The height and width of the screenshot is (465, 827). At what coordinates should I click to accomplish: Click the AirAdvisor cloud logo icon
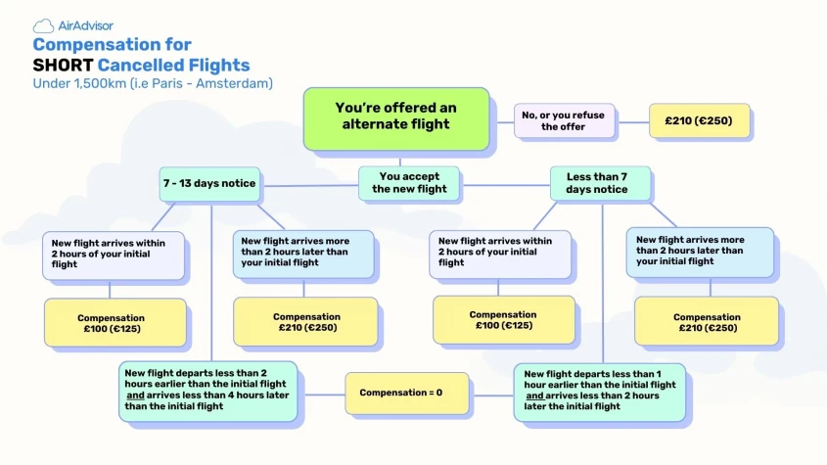[x=44, y=25]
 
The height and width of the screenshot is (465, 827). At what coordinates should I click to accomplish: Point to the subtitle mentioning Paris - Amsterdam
[x=153, y=84]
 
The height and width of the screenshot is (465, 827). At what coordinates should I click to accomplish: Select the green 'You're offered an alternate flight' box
[x=395, y=116]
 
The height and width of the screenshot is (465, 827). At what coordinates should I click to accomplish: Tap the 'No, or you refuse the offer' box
[x=564, y=120]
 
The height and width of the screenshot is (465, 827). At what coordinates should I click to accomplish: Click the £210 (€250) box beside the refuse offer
[x=700, y=121]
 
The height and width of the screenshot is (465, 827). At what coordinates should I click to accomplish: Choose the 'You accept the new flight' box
[x=409, y=183]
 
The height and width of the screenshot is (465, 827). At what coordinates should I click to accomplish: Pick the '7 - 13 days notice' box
[x=210, y=183]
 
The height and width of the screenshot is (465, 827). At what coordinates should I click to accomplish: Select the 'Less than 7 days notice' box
[x=597, y=183]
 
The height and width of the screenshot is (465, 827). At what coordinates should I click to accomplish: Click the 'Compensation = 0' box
[x=400, y=393]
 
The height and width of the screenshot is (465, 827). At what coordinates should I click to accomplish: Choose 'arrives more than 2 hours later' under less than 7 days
[x=699, y=251]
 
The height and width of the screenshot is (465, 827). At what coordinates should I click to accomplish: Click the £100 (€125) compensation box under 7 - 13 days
[x=115, y=323]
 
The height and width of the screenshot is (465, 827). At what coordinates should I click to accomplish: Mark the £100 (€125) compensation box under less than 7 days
[x=503, y=320]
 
